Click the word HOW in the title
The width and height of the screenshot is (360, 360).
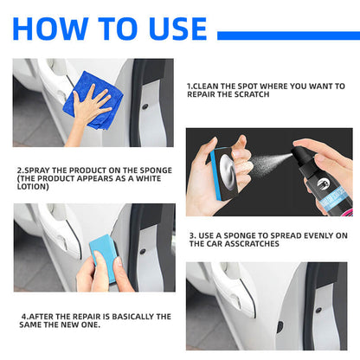coord(50,29)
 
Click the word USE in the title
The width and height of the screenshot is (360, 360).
coord(178,29)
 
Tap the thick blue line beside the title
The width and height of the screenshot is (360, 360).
coord(288,35)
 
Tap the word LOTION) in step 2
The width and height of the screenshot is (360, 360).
coord(33,186)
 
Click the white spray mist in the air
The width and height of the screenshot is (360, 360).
coord(268,162)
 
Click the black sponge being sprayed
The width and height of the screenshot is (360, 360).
coord(224,173)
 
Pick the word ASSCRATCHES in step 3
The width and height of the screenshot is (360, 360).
coord(252,244)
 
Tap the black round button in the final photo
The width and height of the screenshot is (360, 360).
coord(318,310)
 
